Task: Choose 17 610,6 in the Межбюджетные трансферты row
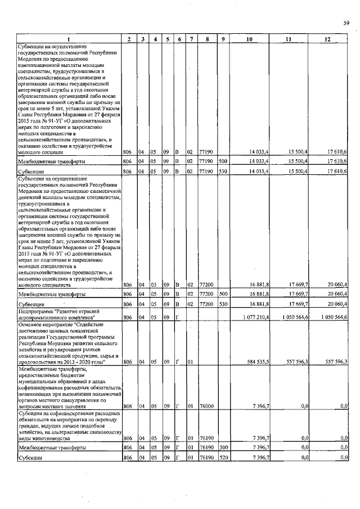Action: point(335,161)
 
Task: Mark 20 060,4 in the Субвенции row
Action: point(335,304)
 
